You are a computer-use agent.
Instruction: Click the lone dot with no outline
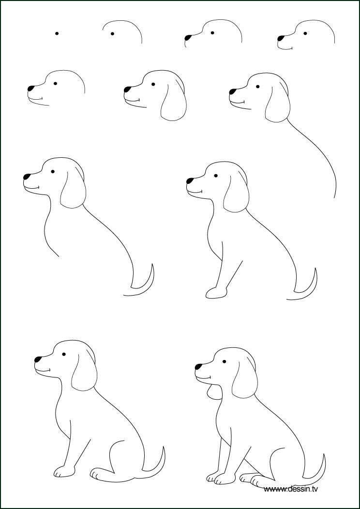pyautogui.click(x=57, y=33)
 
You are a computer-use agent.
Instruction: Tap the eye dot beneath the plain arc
pyautogui.click(x=112, y=33)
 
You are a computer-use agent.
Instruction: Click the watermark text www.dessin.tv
pyautogui.click(x=291, y=489)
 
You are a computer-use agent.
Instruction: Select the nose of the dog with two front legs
pyautogui.click(x=198, y=366)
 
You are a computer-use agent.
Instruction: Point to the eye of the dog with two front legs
pyautogui.click(x=225, y=361)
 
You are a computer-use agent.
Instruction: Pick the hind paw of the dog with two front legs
pyautogui.click(x=251, y=479)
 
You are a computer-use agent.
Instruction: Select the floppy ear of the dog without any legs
pyautogui.click(x=73, y=191)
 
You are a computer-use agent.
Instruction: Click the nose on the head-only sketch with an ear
pyautogui.click(x=127, y=90)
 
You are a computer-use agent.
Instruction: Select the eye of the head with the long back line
pyautogui.click(x=257, y=87)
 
